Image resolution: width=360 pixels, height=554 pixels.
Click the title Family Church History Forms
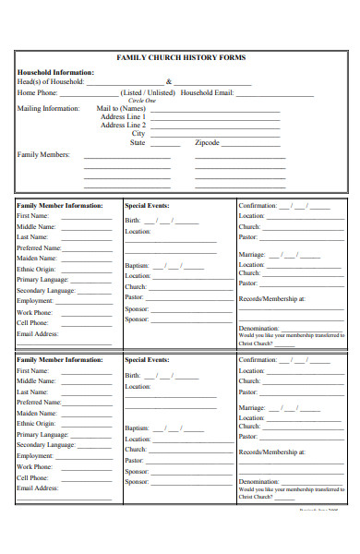tap(181, 57)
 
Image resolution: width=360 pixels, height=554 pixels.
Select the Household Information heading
tap(55, 72)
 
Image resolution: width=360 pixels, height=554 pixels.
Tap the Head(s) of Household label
tap(51, 81)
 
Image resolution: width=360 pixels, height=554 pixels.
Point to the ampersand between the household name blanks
tap(169, 81)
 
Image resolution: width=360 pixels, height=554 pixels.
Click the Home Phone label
tap(38, 92)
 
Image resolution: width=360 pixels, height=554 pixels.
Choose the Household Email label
tap(208, 92)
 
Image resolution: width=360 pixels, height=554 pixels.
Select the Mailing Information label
tap(49, 108)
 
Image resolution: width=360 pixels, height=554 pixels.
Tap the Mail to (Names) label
tap(122, 108)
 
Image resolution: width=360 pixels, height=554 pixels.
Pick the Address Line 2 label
tap(124, 126)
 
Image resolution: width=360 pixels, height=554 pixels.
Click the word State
tap(138, 143)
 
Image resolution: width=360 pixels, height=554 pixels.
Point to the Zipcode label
tap(207, 143)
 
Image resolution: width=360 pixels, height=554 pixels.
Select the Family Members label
tap(43, 154)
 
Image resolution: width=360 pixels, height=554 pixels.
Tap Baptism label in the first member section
tap(138, 266)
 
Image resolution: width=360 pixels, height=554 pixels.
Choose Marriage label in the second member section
tap(252, 407)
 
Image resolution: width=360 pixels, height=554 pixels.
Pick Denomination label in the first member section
tap(259, 329)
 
